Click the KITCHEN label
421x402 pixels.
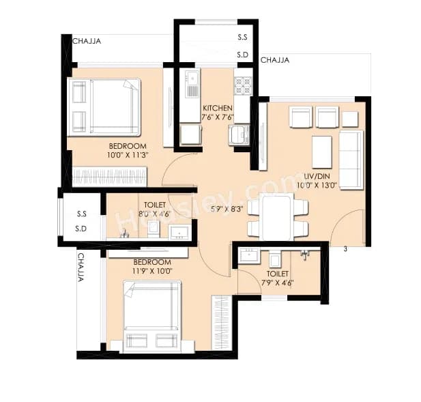click(217, 109)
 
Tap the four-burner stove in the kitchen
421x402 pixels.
click(243, 85)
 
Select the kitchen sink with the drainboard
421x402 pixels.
click(192, 83)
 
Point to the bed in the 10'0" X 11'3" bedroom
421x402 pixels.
click(104, 106)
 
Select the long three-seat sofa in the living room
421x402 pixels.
click(351, 160)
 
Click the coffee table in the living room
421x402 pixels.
click(321, 152)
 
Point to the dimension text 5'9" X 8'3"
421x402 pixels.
click(227, 210)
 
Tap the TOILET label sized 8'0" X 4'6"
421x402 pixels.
click(153, 205)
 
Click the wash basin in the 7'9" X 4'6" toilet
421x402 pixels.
click(247, 257)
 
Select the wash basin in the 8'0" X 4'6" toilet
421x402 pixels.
click(179, 231)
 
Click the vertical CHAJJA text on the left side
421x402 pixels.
click(81, 268)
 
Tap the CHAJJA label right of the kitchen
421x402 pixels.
click(274, 60)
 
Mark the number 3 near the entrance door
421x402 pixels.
click(345, 249)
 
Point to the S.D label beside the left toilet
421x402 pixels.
click(81, 227)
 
